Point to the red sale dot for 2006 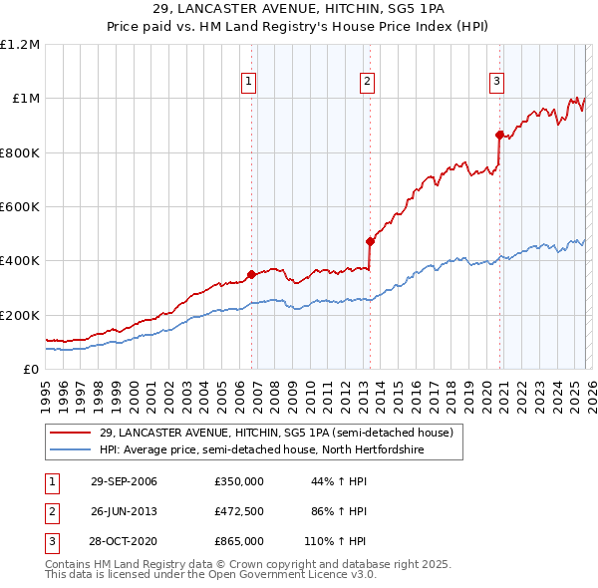(x=251, y=274)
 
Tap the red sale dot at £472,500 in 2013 (x=370, y=241)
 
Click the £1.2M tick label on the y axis (x=20, y=45)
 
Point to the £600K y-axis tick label (x=20, y=207)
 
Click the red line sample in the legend (x=71, y=433)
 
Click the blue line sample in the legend (x=71, y=449)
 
